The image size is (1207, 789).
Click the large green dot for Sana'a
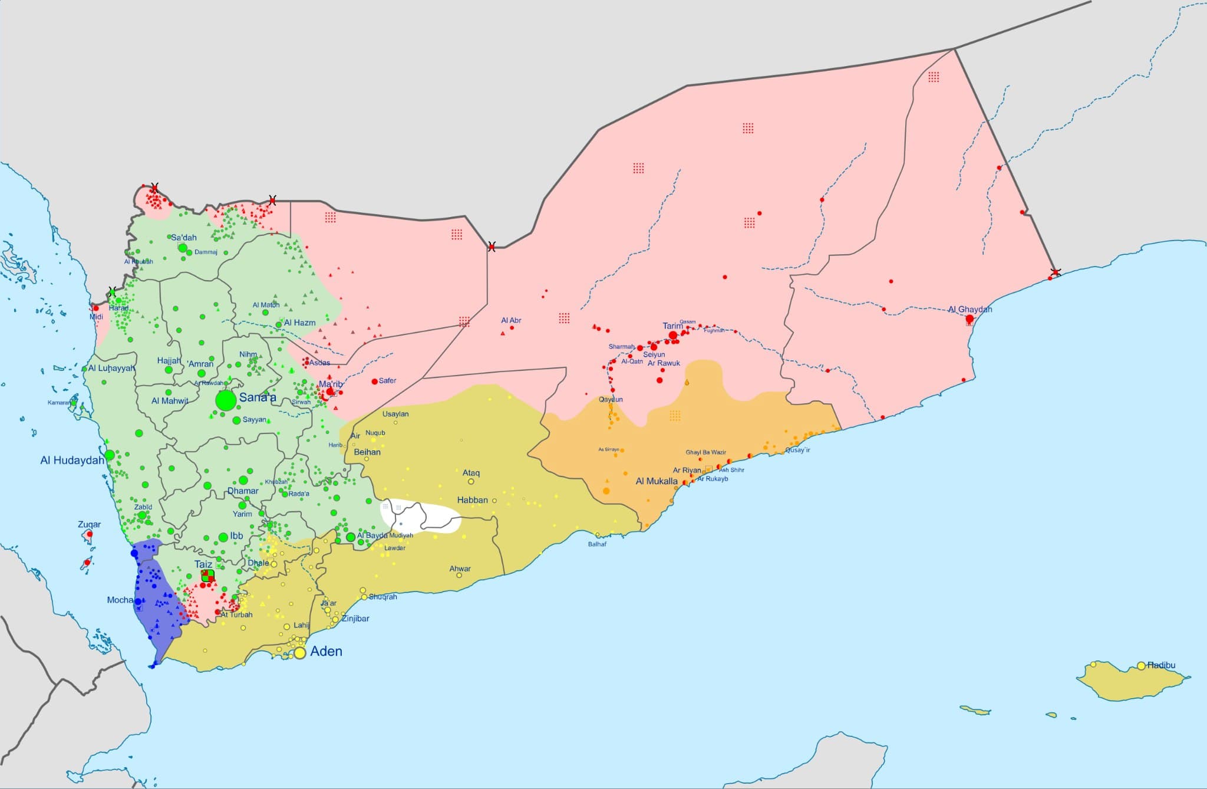[x=226, y=400]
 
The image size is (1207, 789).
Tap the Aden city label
[x=326, y=651]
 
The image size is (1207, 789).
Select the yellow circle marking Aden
[x=300, y=653]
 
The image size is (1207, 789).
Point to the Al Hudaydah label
[x=72, y=460]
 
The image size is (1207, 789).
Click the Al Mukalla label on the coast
[x=657, y=481]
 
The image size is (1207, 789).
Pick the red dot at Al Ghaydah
[x=969, y=318]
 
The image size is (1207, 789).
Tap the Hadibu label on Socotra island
[x=1161, y=665]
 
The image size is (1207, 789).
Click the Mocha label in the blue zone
[x=120, y=600]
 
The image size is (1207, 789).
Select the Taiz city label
[x=203, y=564]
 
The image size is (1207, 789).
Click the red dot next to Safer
[x=374, y=382]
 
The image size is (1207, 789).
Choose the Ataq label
[x=471, y=473]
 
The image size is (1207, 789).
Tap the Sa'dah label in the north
[x=183, y=238]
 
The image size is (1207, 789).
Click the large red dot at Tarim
[x=673, y=335]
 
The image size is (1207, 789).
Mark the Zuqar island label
[x=89, y=524]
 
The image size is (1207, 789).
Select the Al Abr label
[x=511, y=320]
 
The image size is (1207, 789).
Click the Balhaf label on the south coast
[x=597, y=544]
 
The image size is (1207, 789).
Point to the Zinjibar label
[x=355, y=619]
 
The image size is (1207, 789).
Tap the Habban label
[x=472, y=500]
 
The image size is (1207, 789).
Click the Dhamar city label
[x=243, y=491]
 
